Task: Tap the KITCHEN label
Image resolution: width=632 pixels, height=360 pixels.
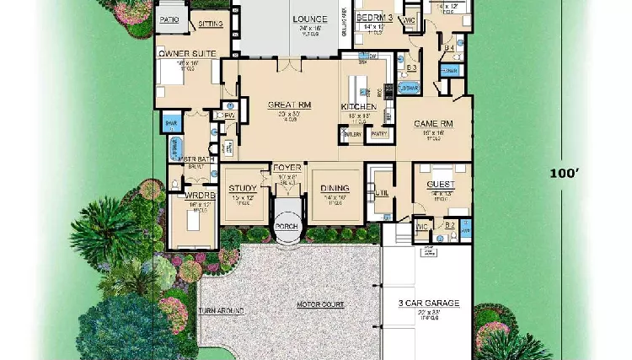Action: coord(356,106)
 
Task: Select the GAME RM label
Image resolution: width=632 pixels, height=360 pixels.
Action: coord(433,123)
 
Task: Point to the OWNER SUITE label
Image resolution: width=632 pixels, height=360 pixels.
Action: coord(186,54)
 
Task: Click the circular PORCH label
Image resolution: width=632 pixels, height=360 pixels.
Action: coord(287,228)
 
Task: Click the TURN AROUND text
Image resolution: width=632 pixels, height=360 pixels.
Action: coord(221,310)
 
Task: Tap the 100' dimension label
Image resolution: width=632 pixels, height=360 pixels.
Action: coord(565,173)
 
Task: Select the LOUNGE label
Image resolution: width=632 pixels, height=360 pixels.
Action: coord(310,19)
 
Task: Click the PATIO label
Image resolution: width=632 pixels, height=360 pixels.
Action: coord(169,18)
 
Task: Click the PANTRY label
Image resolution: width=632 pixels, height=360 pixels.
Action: coord(378,133)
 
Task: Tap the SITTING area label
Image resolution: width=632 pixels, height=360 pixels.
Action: coord(211,25)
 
